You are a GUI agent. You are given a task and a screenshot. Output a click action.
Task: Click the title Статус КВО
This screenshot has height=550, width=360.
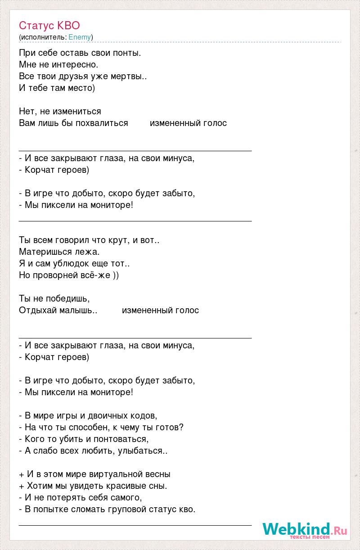pyautogui.click(x=49, y=25)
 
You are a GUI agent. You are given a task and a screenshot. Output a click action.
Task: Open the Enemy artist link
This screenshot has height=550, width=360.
pyautogui.click(x=80, y=37)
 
